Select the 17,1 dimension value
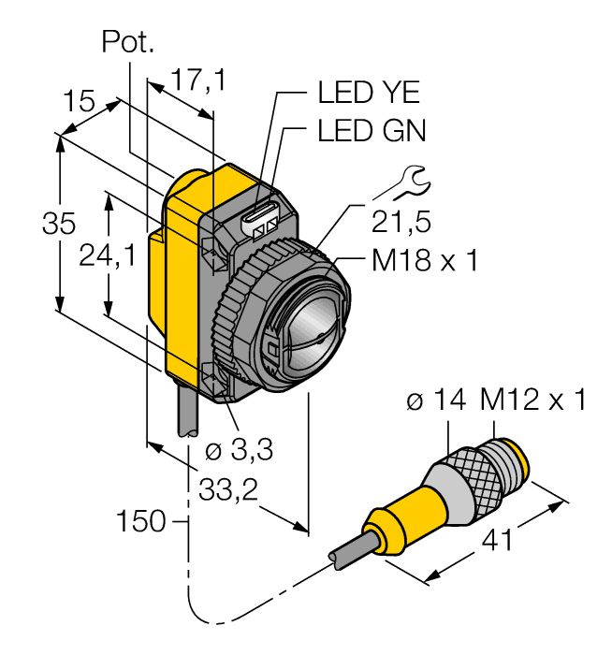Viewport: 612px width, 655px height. [x=197, y=81]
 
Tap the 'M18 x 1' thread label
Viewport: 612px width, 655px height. [x=424, y=261]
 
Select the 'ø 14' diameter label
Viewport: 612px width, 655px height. [x=437, y=401]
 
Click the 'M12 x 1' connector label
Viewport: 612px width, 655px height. [x=532, y=401]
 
